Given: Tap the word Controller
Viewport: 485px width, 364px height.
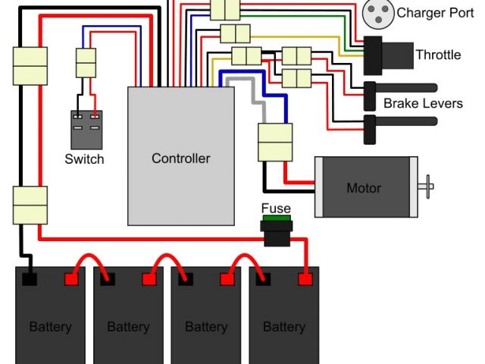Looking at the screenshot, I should click(180, 158).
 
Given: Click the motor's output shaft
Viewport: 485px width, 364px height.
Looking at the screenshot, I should click(427, 184).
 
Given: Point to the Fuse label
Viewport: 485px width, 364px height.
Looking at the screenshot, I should click(276, 209).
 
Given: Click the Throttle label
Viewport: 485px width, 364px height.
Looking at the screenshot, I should click(438, 55).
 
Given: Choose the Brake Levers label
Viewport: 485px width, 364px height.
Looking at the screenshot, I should click(423, 103).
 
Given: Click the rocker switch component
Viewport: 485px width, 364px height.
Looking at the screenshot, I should click(86, 130).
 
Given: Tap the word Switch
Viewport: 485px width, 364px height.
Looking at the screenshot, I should click(84, 159).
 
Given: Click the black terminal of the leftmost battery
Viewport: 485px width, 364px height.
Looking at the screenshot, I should click(30, 278).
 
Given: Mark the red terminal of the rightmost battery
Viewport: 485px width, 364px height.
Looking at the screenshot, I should click(305, 278).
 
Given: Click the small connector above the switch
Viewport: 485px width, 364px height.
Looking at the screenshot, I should click(86, 62).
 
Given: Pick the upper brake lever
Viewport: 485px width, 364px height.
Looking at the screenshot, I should click(402, 87).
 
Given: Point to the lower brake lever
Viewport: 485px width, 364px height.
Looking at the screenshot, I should click(402, 121).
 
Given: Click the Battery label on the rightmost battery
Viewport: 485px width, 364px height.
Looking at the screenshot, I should click(283, 327).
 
